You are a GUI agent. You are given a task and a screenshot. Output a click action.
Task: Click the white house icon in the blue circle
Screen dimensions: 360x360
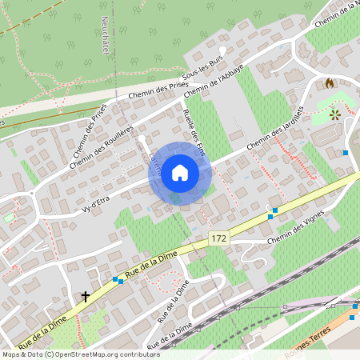click(x=179, y=173)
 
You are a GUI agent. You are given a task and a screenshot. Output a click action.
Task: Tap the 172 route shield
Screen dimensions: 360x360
click(x=218, y=238)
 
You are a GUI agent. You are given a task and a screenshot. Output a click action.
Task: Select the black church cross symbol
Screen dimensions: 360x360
click(x=85, y=297)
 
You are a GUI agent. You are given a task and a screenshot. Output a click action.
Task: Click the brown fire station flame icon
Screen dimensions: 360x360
click(x=330, y=82)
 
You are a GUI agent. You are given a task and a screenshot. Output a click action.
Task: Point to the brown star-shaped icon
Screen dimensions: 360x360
click(x=334, y=115)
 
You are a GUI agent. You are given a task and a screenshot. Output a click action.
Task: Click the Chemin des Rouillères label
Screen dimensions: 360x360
click(x=101, y=145)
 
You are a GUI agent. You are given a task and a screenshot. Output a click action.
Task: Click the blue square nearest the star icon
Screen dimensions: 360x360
click(x=346, y=153)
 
